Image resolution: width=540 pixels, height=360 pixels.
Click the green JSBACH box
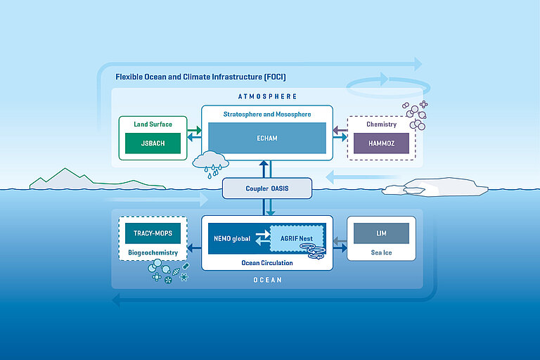coord(153,143)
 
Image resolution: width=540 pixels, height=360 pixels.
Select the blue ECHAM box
coord(267,139)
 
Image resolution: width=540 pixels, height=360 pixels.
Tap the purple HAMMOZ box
coord(382,143)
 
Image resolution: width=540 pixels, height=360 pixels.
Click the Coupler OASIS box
coord(267,188)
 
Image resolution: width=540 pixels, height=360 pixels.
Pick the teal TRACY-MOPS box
coord(153,233)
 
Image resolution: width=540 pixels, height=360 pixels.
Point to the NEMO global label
coord(232,239)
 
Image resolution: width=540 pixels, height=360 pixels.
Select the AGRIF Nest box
coord(297,238)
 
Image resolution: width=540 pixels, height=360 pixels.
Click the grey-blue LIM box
coord(381,233)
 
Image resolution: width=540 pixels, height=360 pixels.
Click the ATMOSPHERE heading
coord(268,96)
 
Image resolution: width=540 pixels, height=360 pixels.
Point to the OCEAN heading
coord(267,280)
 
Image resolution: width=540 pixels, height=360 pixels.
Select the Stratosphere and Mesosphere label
coord(267,114)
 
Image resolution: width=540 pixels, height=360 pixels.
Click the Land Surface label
coord(153,124)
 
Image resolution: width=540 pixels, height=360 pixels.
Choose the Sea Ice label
coord(381,251)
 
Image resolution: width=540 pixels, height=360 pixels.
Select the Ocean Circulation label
coord(267,263)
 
